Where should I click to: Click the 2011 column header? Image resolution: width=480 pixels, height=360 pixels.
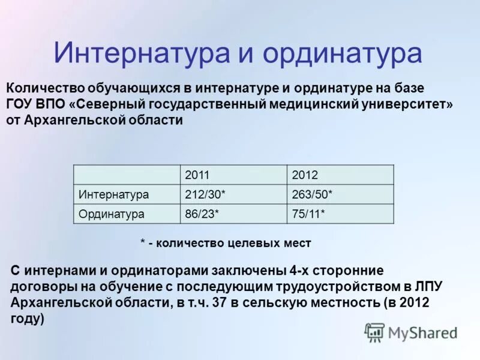coord(197,175)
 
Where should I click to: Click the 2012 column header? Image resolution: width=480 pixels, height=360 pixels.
coord(304,175)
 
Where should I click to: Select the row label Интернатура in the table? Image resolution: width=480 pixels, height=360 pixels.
coord(113,194)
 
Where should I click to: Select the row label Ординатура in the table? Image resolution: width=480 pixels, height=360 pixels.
coord(111,213)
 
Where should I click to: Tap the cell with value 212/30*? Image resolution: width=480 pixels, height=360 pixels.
coord(205,194)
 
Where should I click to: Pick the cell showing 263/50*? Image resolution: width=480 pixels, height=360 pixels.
coord(312,194)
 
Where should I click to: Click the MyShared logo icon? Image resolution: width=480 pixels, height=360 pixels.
coord(375,331)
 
